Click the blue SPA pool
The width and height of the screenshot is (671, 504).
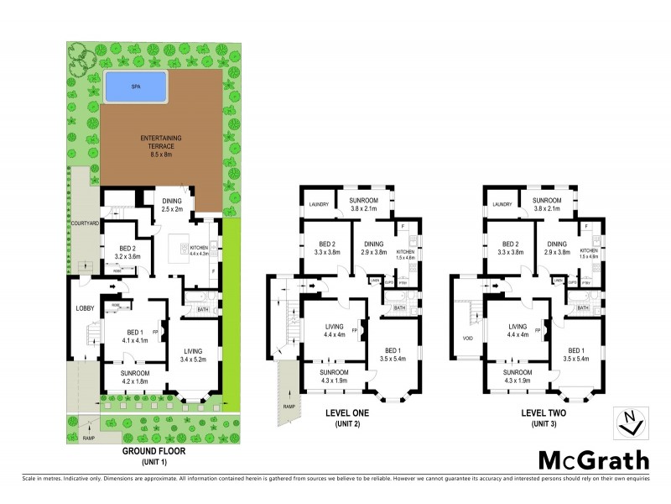136,86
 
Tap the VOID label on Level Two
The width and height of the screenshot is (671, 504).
468,339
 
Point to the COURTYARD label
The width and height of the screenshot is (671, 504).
82,223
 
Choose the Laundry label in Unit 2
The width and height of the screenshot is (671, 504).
317,204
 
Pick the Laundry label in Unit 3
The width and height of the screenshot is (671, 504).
502,204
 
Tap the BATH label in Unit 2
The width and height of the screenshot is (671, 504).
399,308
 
